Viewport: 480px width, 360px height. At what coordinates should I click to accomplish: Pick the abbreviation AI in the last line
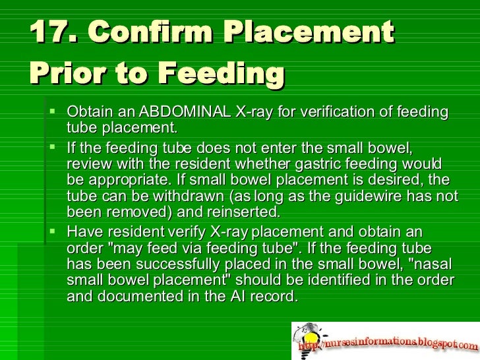click(x=238, y=296)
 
